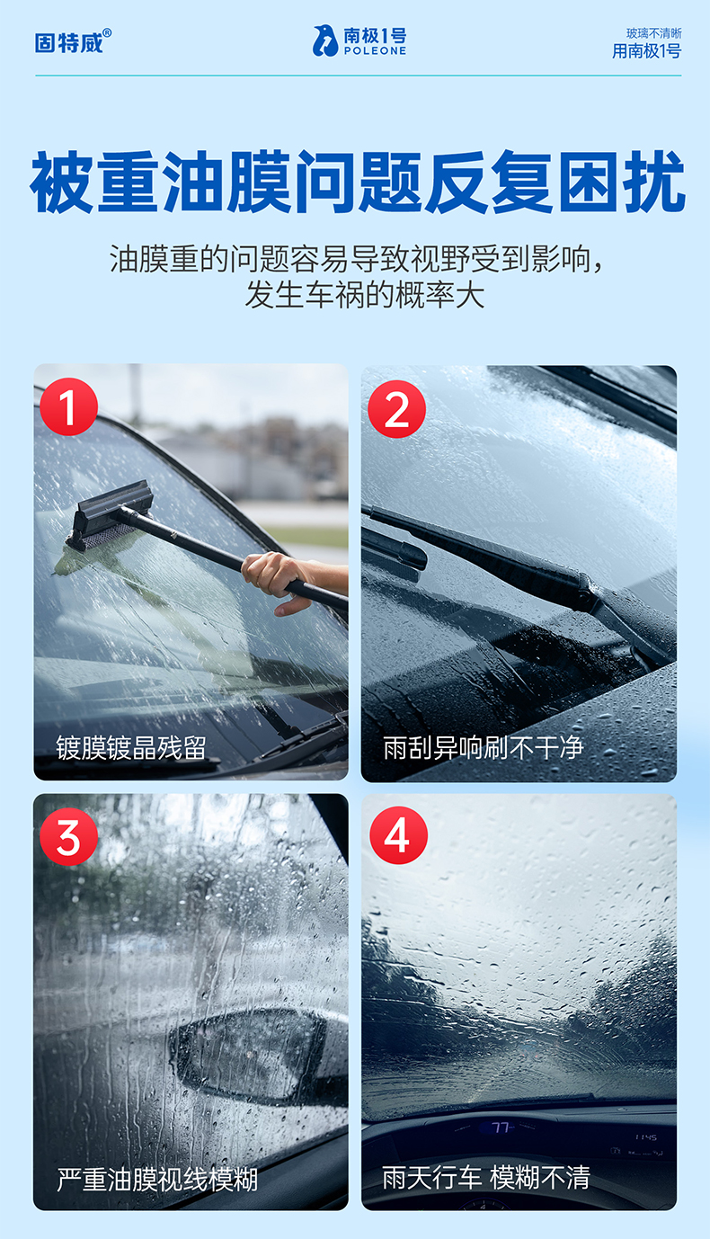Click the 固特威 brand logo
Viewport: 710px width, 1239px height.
pyautogui.click(x=69, y=42)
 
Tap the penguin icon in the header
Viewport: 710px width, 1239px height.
pyautogui.click(x=325, y=41)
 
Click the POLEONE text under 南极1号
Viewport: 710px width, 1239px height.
pyautogui.click(x=375, y=51)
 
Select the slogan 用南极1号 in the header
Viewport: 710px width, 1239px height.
pyautogui.click(x=646, y=51)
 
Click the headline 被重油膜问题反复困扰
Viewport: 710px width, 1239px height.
pyautogui.click(x=358, y=182)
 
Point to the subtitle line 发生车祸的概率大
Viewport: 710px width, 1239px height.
pyautogui.click(x=365, y=295)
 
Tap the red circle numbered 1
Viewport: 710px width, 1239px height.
pyautogui.click(x=69, y=406)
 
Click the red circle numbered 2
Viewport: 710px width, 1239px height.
pyautogui.click(x=397, y=409)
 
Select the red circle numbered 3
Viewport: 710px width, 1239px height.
pyautogui.click(x=69, y=837)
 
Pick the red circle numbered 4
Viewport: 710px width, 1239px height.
pyautogui.click(x=399, y=835)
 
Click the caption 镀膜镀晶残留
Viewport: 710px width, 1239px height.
pyautogui.click(x=131, y=748)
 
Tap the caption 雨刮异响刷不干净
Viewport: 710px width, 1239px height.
pyautogui.click(x=484, y=748)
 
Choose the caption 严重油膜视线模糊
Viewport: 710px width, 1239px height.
pyautogui.click(x=157, y=1180)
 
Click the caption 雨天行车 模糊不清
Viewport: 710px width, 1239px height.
pyautogui.click(x=486, y=1177)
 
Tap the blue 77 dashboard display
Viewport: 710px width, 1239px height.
pyautogui.click(x=500, y=1127)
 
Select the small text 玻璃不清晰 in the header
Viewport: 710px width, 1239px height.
pyautogui.click(x=653, y=34)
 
